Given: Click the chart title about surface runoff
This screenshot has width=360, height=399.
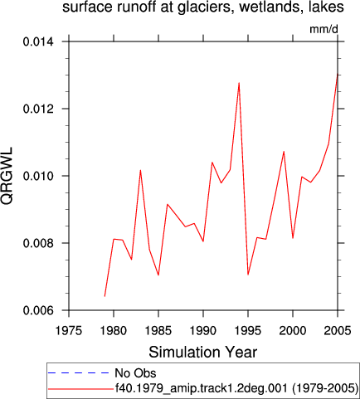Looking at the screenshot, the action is [x=203, y=7].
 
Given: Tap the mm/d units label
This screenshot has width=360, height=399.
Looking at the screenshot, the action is [x=324, y=29].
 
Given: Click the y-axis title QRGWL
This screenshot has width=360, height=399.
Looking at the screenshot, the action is [x=7, y=176].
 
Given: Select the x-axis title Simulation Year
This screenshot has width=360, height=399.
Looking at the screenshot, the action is [x=203, y=352].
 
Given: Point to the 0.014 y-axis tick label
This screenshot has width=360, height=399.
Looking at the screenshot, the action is [x=38, y=41].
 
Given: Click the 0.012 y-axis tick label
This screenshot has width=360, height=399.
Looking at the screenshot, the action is [x=38, y=109].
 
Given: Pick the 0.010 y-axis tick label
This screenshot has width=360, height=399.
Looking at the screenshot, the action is [x=38, y=176].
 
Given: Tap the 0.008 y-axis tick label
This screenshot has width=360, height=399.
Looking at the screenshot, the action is [x=38, y=243].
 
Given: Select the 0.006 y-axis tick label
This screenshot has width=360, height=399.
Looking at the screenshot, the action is [x=38, y=310].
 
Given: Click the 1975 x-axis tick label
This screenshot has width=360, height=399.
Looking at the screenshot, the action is [x=69, y=330].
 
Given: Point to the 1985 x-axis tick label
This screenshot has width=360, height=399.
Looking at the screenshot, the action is [x=158, y=330].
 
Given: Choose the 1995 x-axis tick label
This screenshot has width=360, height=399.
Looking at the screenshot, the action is [x=248, y=330].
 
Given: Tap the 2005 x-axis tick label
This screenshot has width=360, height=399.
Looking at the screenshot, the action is [x=338, y=330].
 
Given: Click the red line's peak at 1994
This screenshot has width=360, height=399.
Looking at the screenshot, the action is [x=239, y=83].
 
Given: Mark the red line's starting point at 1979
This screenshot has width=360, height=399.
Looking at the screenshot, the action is [x=105, y=296].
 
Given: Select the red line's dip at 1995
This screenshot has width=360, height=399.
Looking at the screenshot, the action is [x=248, y=275].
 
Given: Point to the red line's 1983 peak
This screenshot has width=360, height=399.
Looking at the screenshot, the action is [x=140, y=170].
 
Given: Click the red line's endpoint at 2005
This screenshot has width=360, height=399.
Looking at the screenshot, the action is [x=338, y=74].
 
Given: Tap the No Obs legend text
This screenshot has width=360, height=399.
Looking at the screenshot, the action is [x=135, y=373].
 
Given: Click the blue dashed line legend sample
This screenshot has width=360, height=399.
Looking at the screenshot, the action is [x=79, y=373].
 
